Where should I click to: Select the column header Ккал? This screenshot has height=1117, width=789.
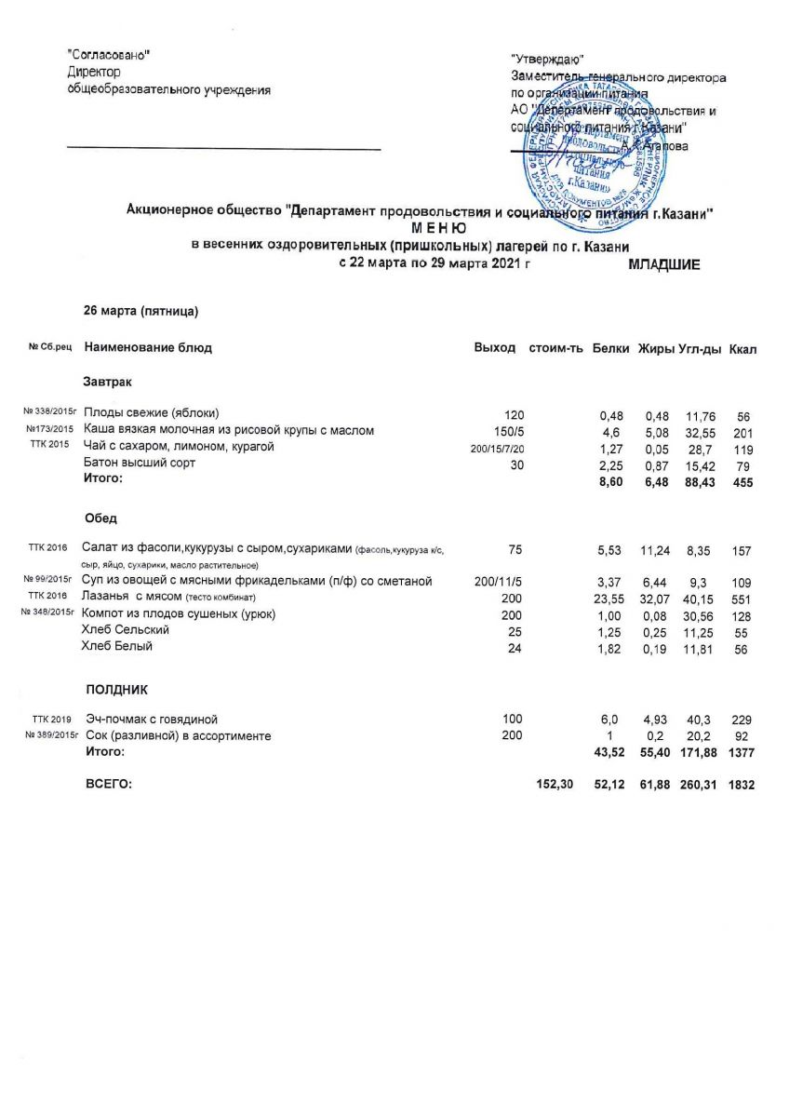click(x=743, y=348)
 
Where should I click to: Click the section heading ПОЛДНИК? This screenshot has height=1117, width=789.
click(x=117, y=690)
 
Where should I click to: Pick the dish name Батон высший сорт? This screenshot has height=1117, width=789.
click(x=140, y=464)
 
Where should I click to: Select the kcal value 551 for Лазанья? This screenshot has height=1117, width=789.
click(x=742, y=598)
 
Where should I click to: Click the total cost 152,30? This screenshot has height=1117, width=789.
click(x=555, y=786)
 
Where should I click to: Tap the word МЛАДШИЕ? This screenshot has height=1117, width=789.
click(x=664, y=265)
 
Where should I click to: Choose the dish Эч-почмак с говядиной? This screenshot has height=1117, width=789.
click(x=152, y=720)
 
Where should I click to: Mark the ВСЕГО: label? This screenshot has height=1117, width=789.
click(x=109, y=786)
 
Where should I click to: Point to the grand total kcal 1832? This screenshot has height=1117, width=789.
click(x=742, y=786)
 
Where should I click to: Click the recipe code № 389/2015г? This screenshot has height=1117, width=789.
click(x=47, y=736)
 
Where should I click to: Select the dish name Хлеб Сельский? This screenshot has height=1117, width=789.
click(x=126, y=631)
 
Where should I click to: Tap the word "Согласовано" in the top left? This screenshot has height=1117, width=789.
click(x=110, y=55)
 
